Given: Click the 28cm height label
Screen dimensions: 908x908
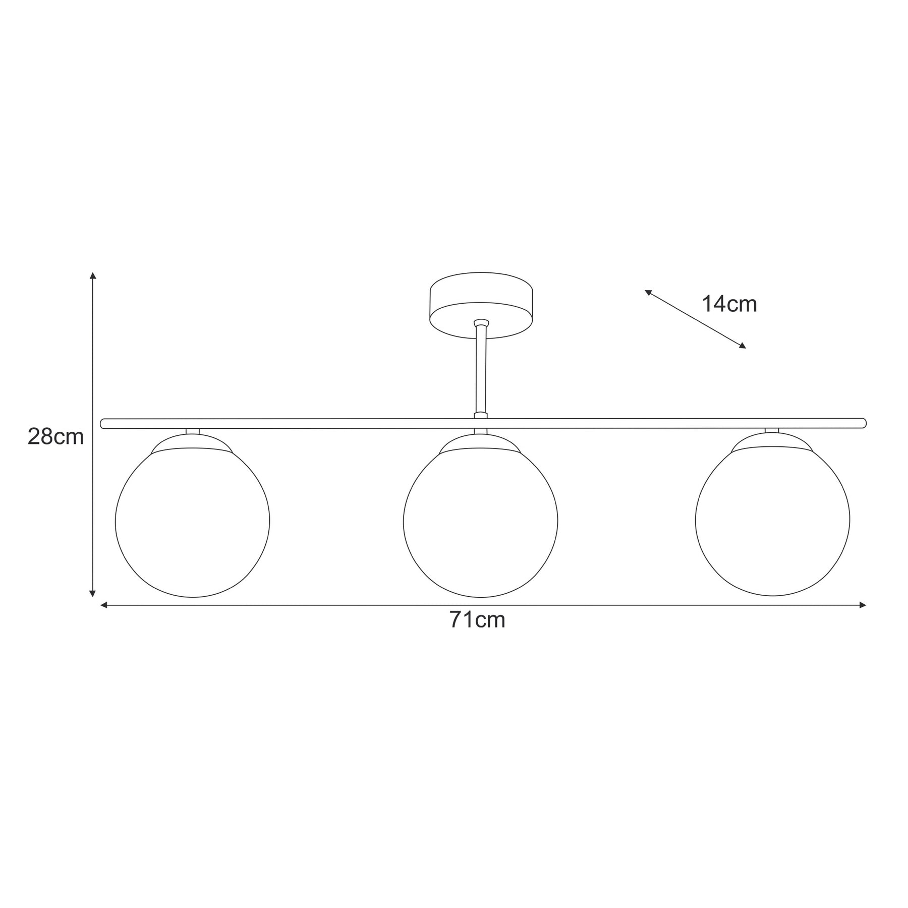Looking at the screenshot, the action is [55, 436].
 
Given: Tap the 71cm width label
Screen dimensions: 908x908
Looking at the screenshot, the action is [477, 620].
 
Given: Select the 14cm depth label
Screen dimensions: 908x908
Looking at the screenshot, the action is [729, 304].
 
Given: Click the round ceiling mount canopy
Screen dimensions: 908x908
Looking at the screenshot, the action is [481, 306].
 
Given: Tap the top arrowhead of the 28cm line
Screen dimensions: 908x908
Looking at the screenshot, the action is [92, 275].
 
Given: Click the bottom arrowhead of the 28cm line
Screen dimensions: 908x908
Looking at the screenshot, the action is [92, 594].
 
